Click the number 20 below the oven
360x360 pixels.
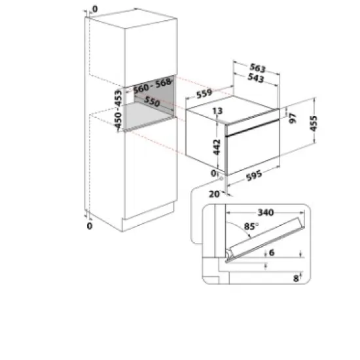pyautogui.click(x=213, y=194)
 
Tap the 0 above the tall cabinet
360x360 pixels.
pyautogui.click(x=94, y=10)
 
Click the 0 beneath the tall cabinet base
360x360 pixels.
pyautogui.click(x=90, y=226)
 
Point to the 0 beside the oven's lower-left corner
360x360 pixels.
pyautogui.click(x=214, y=173)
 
